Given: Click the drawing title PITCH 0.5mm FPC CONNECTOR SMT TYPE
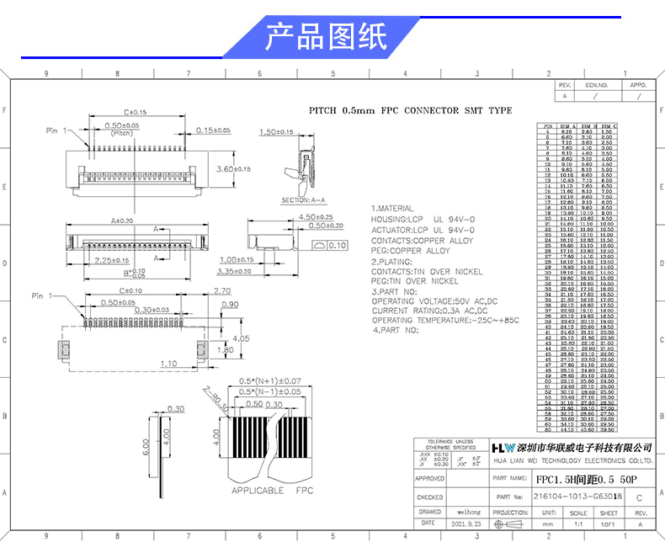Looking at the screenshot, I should [410, 110].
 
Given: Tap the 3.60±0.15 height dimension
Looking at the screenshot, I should [233, 169].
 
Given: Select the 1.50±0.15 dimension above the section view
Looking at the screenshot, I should [275, 132].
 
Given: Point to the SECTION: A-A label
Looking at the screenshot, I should [304, 200].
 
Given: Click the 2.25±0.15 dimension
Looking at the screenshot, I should [110, 261].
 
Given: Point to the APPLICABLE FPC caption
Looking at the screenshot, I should [272, 490].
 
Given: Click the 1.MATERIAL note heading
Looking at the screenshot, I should [392, 208].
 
